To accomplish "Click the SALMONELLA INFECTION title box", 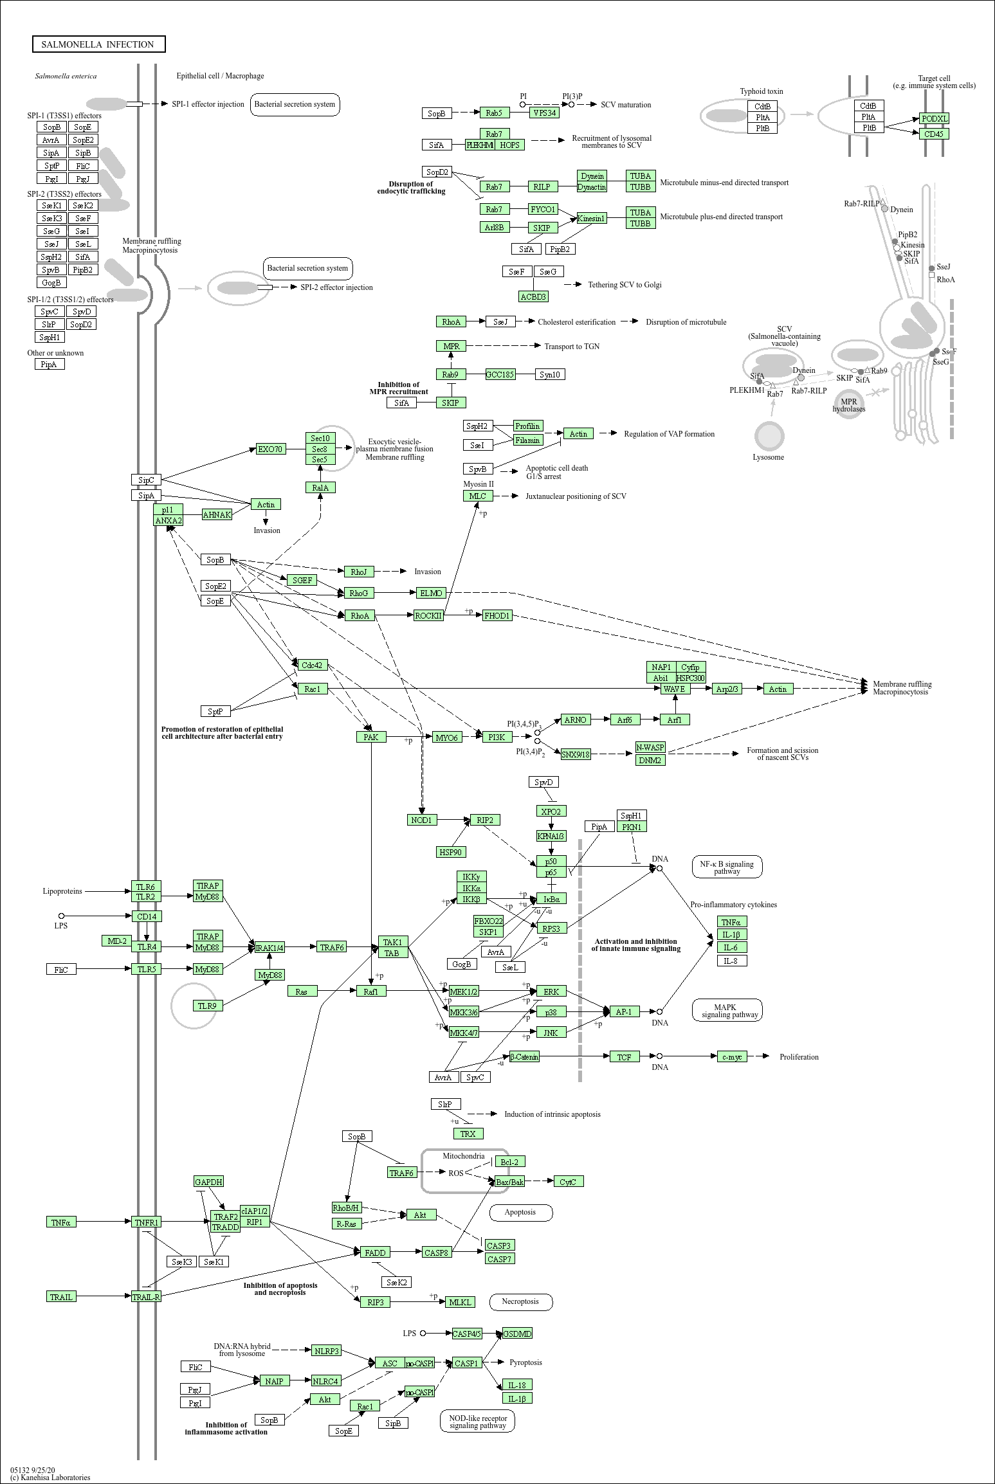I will [98, 44].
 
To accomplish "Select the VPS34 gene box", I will [544, 113].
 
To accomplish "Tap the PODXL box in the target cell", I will [934, 118].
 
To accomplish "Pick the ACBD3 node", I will [533, 296].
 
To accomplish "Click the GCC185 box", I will [500, 374].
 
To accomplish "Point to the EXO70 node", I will [270, 449].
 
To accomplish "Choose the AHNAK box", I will [217, 514].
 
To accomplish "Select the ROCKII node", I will [428, 615].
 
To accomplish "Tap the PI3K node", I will [497, 737].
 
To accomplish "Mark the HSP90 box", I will [450, 852].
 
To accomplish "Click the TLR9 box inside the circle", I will [207, 1006].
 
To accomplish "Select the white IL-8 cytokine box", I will [731, 961].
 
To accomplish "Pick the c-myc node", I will [732, 1056].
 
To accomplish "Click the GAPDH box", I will [208, 1182].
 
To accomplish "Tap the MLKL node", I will [460, 1302].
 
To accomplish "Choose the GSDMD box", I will [517, 1334].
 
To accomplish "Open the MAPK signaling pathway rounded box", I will [727, 1011].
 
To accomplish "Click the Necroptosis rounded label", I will [521, 1301].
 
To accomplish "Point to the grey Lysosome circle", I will [769, 436].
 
